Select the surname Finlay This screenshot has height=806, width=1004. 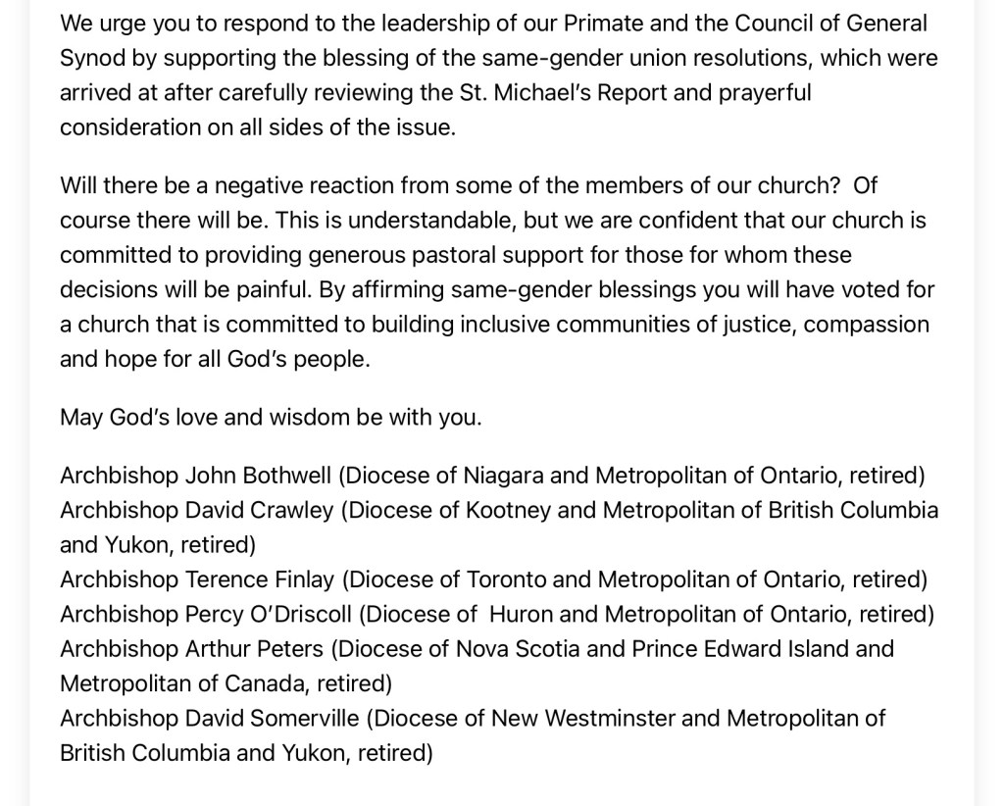click(x=295, y=579)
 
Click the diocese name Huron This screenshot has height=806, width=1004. click(x=521, y=615)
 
